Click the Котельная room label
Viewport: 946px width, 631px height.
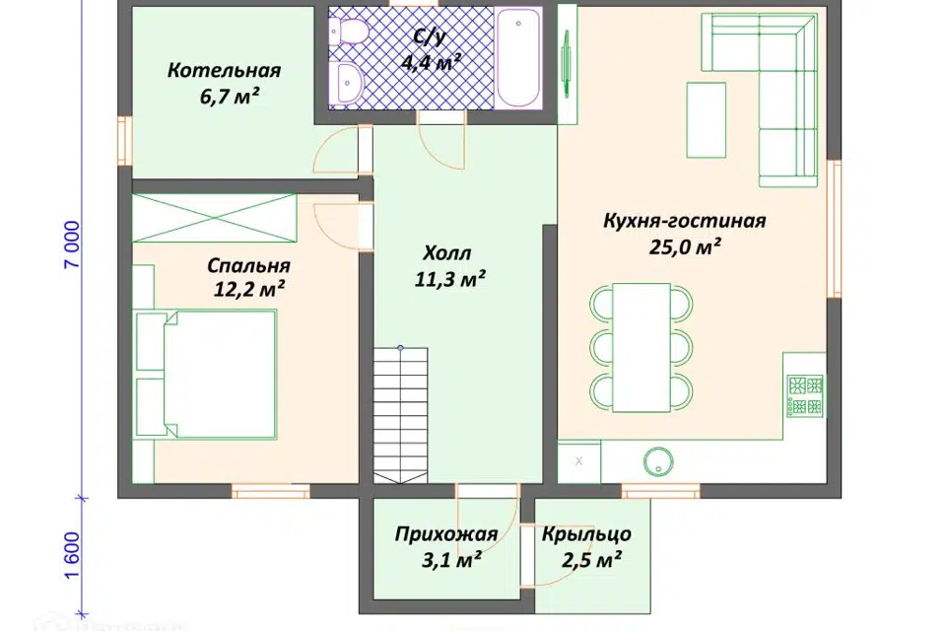pos(224,71)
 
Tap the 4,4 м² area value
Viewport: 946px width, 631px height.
pos(432,63)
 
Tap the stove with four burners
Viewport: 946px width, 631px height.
pos(805,394)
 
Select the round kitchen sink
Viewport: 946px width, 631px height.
pos(657,460)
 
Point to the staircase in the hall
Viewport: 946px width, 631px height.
pos(401,414)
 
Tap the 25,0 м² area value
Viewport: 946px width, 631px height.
pos(684,247)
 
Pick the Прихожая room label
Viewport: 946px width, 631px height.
pos(445,535)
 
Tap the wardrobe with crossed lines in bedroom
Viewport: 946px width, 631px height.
pos(215,217)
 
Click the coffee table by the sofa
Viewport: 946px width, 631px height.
pos(706,121)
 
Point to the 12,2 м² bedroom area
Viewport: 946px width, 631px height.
pos(249,289)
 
